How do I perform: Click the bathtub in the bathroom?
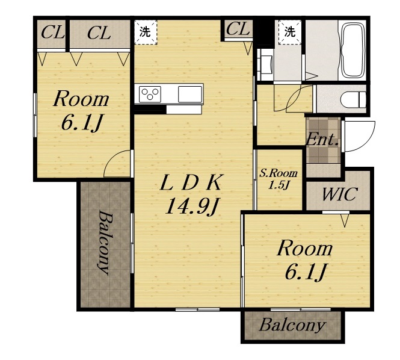click(x=352, y=51)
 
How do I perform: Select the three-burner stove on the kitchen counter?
click(x=150, y=94)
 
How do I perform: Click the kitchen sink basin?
click(x=190, y=94)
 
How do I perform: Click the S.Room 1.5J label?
click(x=278, y=179)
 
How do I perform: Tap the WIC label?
click(x=339, y=194)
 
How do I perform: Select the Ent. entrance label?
click(x=322, y=140)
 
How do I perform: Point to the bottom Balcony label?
click(x=292, y=325)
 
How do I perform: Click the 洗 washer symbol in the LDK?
click(x=145, y=32)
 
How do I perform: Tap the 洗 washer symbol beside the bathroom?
click(x=290, y=32)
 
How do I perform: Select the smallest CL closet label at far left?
click(x=52, y=33)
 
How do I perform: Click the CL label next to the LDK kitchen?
click(x=238, y=29)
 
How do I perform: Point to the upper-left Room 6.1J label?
click(x=81, y=111)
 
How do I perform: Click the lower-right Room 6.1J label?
click(x=305, y=260)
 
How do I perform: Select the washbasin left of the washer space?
click(x=266, y=64)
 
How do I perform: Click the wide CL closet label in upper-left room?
click(x=99, y=33)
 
